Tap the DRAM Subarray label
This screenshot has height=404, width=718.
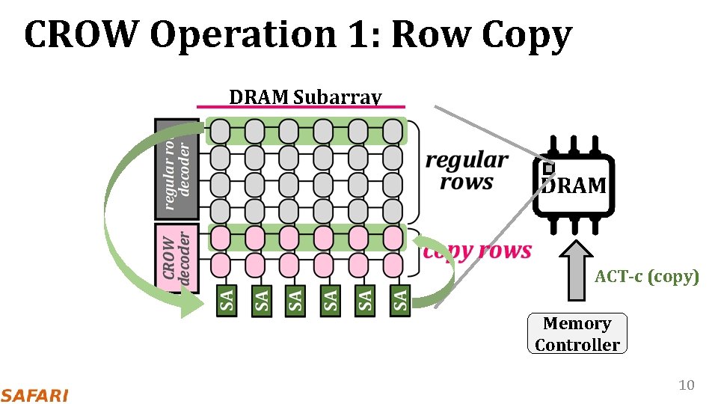point(305,97)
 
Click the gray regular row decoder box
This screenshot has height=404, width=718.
point(177,168)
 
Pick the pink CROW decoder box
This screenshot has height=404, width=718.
point(177,258)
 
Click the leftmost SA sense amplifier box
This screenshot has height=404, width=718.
point(227,301)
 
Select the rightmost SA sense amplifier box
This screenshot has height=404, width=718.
point(401,301)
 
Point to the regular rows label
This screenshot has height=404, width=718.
point(467,171)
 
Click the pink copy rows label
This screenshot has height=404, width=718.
point(477,251)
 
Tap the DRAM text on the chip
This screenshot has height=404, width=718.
point(574,186)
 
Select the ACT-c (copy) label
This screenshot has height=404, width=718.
point(647,277)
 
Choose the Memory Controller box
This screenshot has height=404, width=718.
point(577,334)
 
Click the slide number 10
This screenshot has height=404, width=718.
point(686,385)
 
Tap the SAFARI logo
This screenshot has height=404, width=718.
point(34,394)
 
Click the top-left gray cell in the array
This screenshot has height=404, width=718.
point(219,131)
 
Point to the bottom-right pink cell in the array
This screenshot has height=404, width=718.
point(392,264)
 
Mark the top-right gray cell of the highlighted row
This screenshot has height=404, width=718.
point(392,131)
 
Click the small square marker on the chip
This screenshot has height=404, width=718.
point(548,169)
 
